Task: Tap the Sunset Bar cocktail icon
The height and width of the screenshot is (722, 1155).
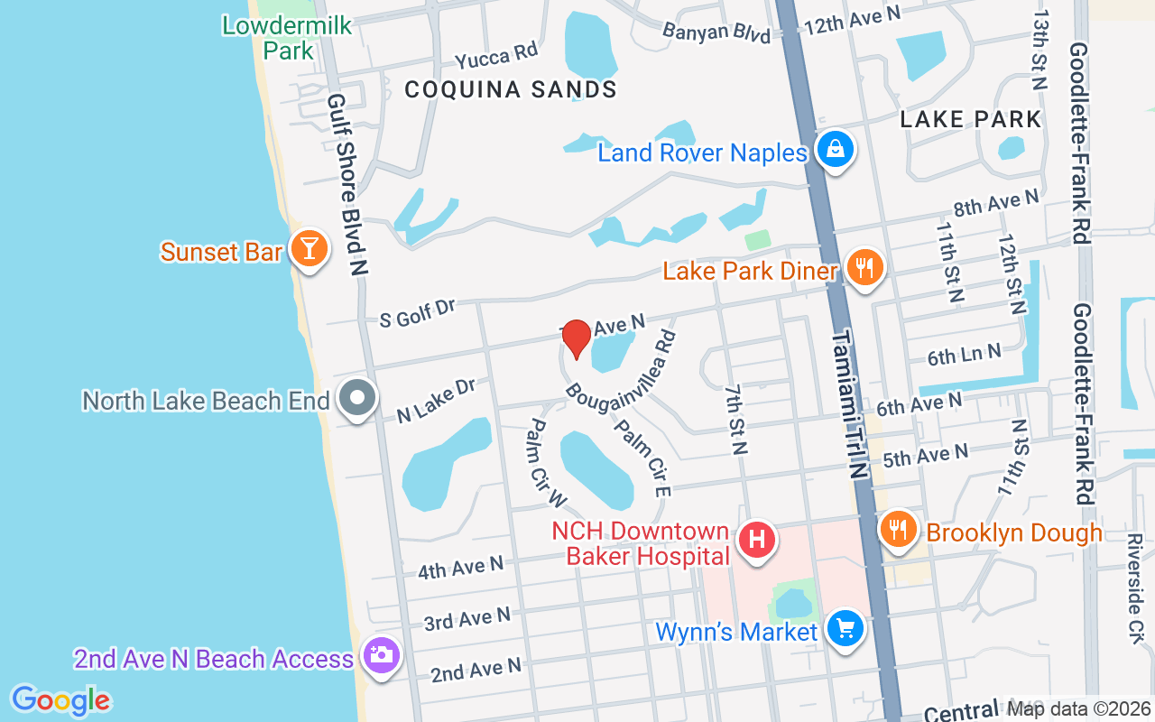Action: click(x=309, y=248)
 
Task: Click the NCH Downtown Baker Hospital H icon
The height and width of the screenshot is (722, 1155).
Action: click(x=757, y=541)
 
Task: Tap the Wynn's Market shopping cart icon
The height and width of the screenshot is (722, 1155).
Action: click(x=845, y=628)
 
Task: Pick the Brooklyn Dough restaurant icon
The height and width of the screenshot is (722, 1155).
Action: click(x=897, y=529)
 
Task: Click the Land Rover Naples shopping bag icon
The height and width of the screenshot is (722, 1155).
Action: click(x=836, y=150)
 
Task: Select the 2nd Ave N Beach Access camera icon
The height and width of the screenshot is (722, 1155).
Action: click(x=381, y=654)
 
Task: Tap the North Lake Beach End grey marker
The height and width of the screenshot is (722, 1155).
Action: click(x=357, y=398)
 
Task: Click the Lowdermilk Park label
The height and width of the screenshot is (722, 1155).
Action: click(x=287, y=38)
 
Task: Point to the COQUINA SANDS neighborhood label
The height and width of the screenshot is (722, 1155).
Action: click(x=511, y=89)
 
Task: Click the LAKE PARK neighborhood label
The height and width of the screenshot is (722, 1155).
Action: click(x=971, y=119)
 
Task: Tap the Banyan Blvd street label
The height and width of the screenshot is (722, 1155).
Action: click(x=716, y=32)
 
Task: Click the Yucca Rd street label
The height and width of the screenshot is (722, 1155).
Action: click(x=496, y=57)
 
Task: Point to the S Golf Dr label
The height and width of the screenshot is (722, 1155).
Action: click(x=418, y=311)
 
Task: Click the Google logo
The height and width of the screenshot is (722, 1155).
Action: click(x=60, y=700)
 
